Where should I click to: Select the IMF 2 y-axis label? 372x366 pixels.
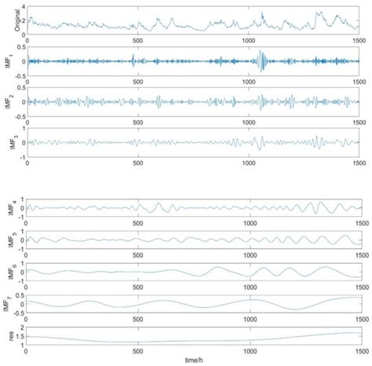pyautogui.click(x=5, y=101)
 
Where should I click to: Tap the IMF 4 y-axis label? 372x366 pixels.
pyautogui.click(x=5, y=207)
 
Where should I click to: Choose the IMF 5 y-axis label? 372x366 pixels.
pyautogui.click(x=5, y=239)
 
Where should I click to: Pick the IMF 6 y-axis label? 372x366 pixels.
pyautogui.click(x=5, y=271)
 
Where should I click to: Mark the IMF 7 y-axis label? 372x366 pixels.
pyautogui.click(x=5, y=302)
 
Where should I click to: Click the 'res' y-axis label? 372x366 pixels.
pyautogui.click(x=7, y=335)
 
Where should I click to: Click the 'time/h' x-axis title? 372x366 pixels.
pyautogui.click(x=194, y=360)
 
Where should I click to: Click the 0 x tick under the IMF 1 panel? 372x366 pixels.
pyautogui.click(x=27, y=79)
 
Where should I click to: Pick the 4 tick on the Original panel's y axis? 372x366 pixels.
pyautogui.click(x=24, y=6)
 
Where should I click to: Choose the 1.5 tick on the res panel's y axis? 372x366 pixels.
pyautogui.click(x=21, y=335)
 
